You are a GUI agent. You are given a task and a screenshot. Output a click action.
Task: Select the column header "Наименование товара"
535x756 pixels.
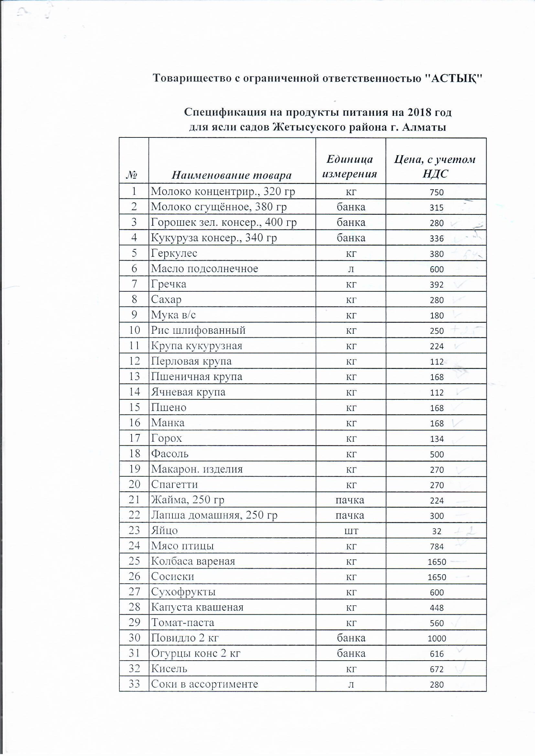point(232,175)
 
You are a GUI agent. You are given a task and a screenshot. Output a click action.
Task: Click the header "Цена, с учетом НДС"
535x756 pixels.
point(435,166)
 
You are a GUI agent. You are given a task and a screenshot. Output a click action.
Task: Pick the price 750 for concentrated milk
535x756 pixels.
point(436,192)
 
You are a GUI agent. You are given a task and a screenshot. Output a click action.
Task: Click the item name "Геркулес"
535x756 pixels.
point(174,253)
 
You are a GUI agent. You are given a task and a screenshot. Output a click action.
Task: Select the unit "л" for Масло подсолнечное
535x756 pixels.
point(351,269)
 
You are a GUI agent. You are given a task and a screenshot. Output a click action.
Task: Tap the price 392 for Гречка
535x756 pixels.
point(436,285)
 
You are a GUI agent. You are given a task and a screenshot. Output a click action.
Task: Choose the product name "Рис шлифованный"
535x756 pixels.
point(198,330)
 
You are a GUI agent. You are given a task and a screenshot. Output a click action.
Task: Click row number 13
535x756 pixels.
point(135,376)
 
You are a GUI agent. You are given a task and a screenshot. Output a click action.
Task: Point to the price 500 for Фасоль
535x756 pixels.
point(436,454)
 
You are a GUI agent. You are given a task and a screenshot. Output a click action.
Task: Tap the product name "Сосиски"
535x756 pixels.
point(173,577)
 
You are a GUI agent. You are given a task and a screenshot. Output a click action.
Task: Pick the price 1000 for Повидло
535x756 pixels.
point(436,638)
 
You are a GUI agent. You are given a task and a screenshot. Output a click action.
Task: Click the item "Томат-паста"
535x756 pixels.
point(182,623)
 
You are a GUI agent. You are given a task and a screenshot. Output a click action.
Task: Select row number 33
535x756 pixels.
point(135,684)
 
